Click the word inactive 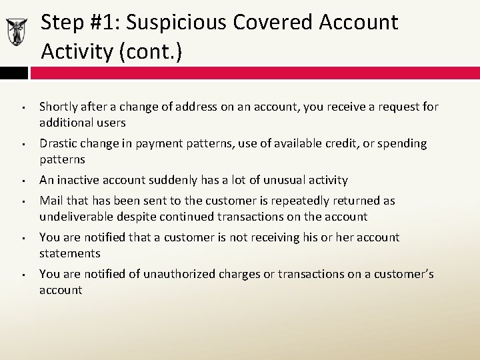pyautogui.click(x=80, y=180)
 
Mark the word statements pyautogui.click(x=70, y=253)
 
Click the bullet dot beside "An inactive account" pyautogui.click(x=23, y=181)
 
